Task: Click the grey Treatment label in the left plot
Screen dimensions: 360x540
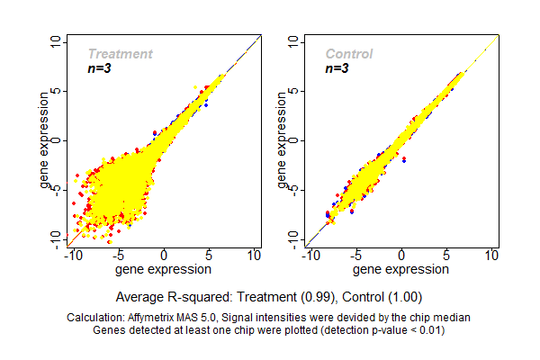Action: click(x=120, y=54)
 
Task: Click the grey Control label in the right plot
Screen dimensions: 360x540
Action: click(x=348, y=54)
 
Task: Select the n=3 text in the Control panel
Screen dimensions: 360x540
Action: click(x=337, y=68)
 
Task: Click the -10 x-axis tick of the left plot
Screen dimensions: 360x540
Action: click(x=73, y=256)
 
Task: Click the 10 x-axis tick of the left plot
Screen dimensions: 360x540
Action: click(x=255, y=256)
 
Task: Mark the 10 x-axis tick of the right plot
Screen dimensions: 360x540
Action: click(x=492, y=256)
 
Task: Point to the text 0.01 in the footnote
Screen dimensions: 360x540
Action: click(x=429, y=329)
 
